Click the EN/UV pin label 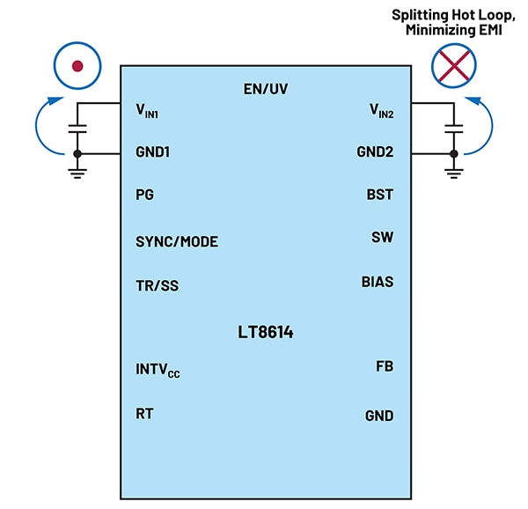point(265,89)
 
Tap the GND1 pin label point(152,152)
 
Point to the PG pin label point(144,195)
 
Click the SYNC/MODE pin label point(176,241)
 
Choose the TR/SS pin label point(158,285)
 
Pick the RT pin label point(144,412)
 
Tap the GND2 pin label point(375,152)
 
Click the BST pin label point(379,195)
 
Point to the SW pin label point(383,237)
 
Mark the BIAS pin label point(377,282)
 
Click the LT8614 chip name point(265,333)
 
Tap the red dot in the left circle point(77,65)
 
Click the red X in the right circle point(453,65)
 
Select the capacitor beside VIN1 point(77,129)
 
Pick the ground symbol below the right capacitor point(453,172)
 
